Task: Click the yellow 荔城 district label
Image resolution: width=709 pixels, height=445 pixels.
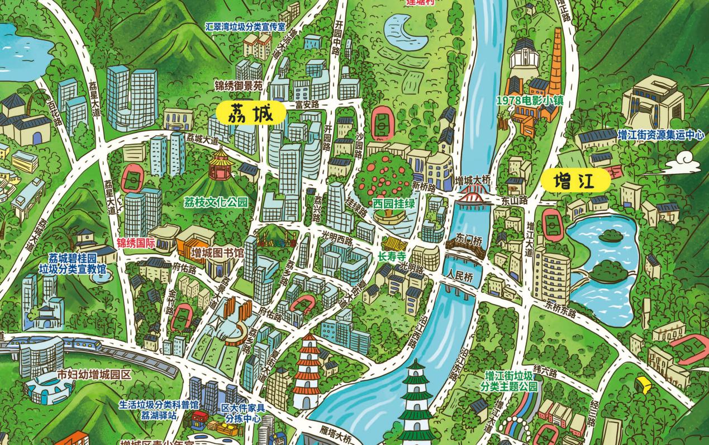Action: tap(251, 114)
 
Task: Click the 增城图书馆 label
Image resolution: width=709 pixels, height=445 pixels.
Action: tap(217, 254)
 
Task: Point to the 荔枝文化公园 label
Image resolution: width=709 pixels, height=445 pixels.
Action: tap(216, 202)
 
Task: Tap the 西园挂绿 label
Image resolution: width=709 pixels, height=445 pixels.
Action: tap(394, 203)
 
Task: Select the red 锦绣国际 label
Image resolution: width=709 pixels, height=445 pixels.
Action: tap(136, 244)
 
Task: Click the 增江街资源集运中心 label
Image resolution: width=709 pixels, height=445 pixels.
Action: tap(660, 135)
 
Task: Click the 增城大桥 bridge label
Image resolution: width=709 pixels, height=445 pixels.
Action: tap(472, 181)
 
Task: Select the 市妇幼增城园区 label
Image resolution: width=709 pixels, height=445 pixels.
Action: tap(94, 374)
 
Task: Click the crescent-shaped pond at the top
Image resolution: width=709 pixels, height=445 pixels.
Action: tap(406, 31)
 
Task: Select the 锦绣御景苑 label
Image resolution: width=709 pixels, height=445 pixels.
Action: tap(238, 87)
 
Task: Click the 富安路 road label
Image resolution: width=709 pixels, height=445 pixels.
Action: tap(307, 104)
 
